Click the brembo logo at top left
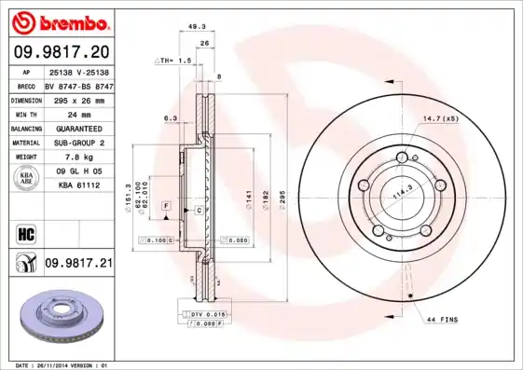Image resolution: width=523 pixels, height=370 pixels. click(x=59, y=21)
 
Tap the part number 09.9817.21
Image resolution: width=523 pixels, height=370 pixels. click(x=78, y=265)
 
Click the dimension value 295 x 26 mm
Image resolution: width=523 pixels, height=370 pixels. click(x=77, y=99)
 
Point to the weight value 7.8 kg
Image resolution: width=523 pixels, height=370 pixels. click(x=77, y=158)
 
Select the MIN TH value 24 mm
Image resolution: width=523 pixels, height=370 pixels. click(x=77, y=114)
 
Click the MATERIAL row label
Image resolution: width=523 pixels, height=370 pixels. click(x=25, y=143)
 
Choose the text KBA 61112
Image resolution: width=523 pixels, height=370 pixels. click(x=77, y=186)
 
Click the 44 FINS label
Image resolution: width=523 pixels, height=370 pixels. click(x=442, y=320)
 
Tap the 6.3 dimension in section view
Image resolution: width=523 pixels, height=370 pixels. click(x=170, y=118)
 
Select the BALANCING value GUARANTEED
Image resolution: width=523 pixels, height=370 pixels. click(x=77, y=129)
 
